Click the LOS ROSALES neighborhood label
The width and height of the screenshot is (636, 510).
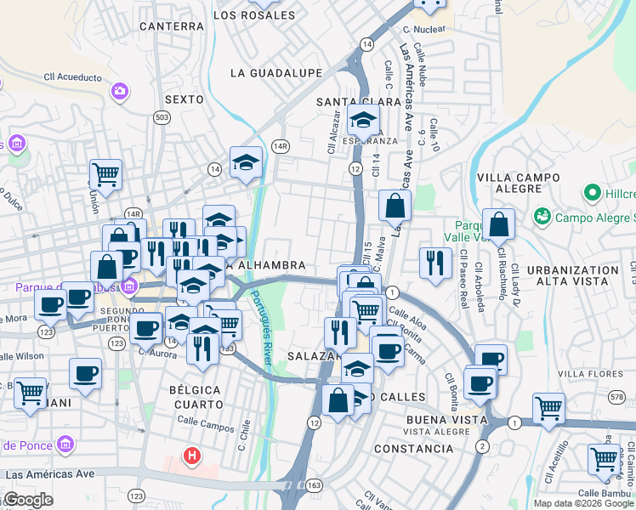pos(266,15)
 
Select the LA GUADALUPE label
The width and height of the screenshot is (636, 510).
pos(275,74)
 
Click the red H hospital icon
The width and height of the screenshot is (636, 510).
pos(193,456)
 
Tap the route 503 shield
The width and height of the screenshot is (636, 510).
pos(162,116)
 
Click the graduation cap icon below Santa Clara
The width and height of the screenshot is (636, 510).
pos(363,121)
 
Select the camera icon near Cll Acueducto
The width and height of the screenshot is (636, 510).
pos(120,90)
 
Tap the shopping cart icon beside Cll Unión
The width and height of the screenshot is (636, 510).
pos(105,175)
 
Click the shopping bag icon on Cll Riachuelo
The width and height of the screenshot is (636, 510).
pos(499,226)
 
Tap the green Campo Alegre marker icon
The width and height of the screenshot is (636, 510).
pos(541,218)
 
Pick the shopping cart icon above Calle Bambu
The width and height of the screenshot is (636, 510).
pos(604,460)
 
